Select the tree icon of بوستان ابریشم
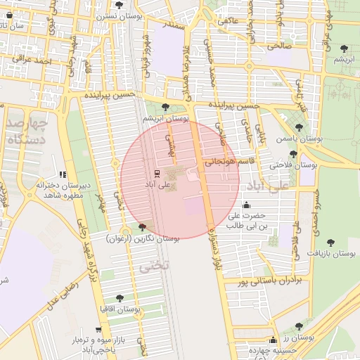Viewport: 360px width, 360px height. click(165, 107)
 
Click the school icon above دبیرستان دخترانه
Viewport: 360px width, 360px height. click(63, 174)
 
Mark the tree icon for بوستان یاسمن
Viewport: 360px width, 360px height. click(299, 127)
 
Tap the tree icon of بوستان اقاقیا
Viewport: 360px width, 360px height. click(119, 299)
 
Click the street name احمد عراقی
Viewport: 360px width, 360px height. click(37, 62)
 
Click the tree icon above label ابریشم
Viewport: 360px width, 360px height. click(344, 49)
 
